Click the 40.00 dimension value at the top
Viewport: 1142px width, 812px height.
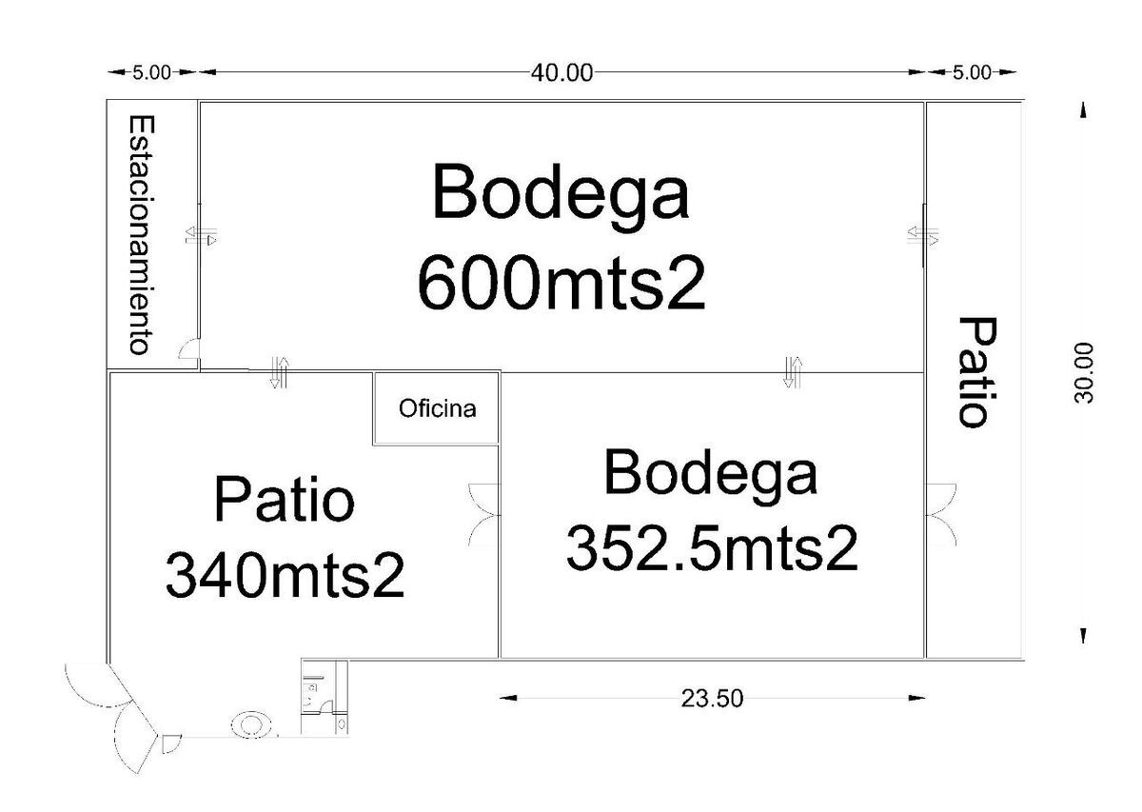click(x=561, y=73)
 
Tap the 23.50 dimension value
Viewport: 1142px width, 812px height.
click(x=712, y=699)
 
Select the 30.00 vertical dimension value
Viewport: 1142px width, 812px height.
click(x=1083, y=373)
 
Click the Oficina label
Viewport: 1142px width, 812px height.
click(x=438, y=408)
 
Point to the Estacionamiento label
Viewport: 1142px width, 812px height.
click(x=141, y=234)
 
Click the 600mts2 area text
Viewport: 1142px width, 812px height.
click(x=561, y=283)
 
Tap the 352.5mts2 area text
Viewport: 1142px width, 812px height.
click(x=712, y=550)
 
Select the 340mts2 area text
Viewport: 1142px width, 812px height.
click(x=285, y=575)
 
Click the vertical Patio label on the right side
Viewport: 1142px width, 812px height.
click(x=977, y=372)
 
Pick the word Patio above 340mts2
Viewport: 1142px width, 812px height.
click(x=284, y=499)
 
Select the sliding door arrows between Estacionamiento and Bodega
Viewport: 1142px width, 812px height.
click(x=201, y=236)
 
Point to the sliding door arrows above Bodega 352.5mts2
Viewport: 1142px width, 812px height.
click(x=793, y=372)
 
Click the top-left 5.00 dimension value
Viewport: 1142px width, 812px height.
click(x=152, y=72)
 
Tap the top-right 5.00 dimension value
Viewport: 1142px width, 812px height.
click(x=973, y=72)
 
